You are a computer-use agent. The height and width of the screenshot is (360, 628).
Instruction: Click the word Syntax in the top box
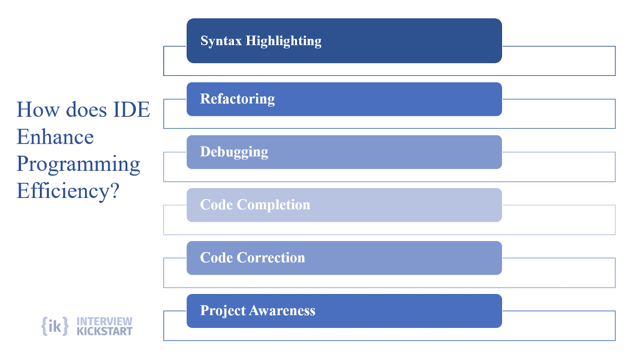coord(221,41)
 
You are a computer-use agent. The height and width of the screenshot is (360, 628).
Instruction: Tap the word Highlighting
coord(283,41)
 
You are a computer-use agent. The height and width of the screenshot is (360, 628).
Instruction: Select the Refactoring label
coord(237,99)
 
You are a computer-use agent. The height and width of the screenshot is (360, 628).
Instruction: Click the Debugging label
coord(234,152)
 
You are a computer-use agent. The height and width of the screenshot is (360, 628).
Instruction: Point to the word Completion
coord(273,205)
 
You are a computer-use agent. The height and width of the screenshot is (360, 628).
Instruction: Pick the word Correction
coord(271,258)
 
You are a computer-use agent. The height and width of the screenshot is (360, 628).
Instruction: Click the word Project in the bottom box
coord(223,311)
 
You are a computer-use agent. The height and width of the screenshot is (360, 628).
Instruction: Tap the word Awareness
coord(282,311)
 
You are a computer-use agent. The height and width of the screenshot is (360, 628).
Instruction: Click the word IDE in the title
coord(131,110)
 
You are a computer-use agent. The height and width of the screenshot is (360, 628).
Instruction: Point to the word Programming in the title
coord(78,164)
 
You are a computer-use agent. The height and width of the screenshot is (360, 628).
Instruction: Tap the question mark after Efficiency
coord(114,190)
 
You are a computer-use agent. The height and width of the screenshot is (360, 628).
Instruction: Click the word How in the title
coord(38,110)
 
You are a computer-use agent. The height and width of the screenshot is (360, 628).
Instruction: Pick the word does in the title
coord(86,110)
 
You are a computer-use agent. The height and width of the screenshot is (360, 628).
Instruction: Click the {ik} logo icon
coord(55,326)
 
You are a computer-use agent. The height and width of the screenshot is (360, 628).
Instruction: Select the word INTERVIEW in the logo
coord(104,321)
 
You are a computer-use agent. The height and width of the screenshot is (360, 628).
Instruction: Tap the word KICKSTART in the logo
coord(104,331)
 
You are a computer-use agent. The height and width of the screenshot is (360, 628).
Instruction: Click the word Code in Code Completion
coord(216,205)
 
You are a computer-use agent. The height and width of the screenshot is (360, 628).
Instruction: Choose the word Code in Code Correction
coord(216,258)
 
